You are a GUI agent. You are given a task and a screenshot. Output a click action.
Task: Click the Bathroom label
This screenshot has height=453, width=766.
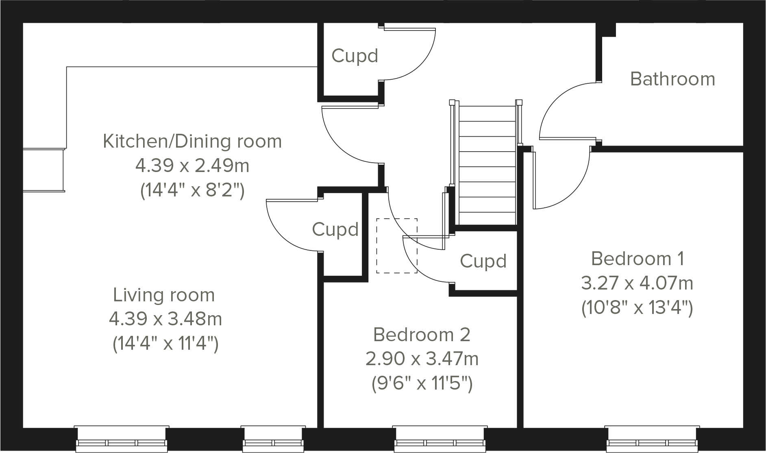pyautogui.click(x=672, y=79)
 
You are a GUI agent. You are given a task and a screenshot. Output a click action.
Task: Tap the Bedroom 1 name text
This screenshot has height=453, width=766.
pyautogui.click(x=637, y=259)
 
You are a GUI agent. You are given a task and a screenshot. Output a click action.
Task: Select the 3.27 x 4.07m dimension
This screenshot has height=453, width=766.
pyautogui.click(x=637, y=283)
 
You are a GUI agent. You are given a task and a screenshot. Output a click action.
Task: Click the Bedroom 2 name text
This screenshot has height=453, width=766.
pyautogui.click(x=422, y=335)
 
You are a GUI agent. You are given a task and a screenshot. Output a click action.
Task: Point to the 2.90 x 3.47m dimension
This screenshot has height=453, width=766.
pyautogui.click(x=422, y=359)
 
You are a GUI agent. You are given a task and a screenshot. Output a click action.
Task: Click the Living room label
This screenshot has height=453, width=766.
pyautogui.click(x=164, y=295)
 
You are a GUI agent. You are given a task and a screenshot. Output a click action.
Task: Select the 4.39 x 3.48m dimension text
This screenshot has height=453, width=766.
pyautogui.click(x=165, y=319)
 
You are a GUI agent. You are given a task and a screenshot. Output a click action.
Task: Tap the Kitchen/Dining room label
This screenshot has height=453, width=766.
pyautogui.click(x=192, y=141)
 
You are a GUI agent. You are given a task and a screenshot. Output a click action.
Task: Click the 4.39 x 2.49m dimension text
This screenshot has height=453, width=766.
pyautogui.click(x=192, y=166)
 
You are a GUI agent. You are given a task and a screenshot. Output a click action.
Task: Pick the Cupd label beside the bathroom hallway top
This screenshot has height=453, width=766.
pyautogui.click(x=355, y=56)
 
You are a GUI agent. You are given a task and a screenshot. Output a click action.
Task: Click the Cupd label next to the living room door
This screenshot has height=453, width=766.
pyautogui.click(x=335, y=229)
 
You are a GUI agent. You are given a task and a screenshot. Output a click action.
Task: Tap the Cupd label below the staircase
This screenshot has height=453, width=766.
pyautogui.click(x=483, y=261)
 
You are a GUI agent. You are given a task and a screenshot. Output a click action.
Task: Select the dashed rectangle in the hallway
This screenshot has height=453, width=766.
pyautogui.click(x=396, y=246)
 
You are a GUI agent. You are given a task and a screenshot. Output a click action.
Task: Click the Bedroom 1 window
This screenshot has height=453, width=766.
pyautogui.click(x=652, y=439)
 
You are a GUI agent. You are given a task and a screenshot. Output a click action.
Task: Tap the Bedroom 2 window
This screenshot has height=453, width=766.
pyautogui.click(x=440, y=439)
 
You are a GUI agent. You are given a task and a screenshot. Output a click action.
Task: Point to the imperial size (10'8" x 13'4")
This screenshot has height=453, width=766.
pyautogui.click(x=637, y=307)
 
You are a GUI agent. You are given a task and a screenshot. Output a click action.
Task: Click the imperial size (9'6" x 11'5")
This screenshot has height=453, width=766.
pyautogui.click(x=422, y=383)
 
